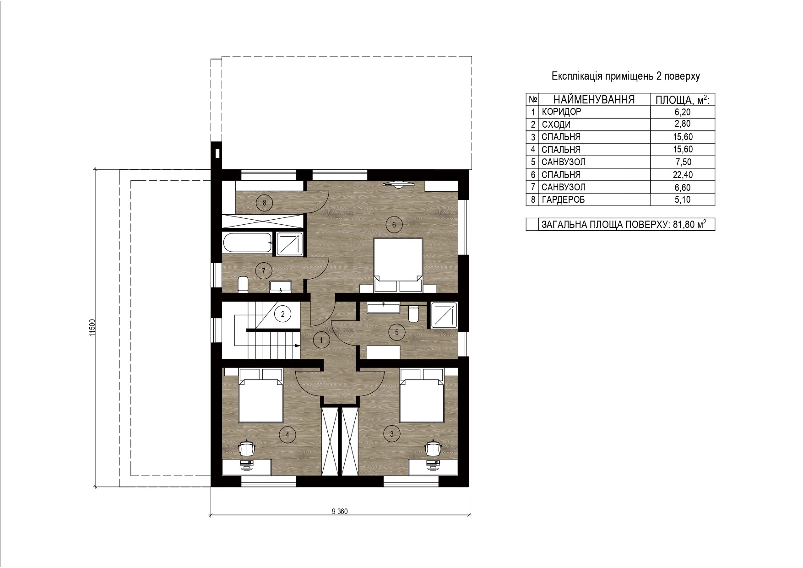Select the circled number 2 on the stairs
283,314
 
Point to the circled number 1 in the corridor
321,340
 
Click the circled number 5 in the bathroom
396,332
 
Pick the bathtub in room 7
248,243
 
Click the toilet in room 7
243,284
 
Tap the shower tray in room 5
445,314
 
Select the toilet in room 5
414,313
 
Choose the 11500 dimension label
92,328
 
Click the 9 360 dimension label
340,512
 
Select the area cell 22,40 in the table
682,174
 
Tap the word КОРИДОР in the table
561,112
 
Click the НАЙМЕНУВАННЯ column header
594,99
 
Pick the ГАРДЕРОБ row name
563,200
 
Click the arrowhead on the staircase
297,346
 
